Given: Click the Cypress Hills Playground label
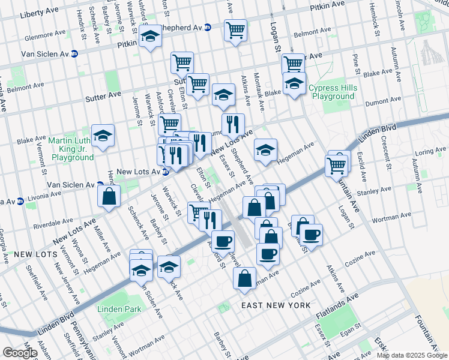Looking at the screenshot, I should pyautogui.click(x=333, y=92).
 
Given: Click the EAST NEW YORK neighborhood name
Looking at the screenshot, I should pyautogui.click(x=276, y=305).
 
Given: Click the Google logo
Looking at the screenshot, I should pyautogui.click(x=19, y=352).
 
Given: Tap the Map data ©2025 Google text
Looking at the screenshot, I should pyautogui.click(x=412, y=355).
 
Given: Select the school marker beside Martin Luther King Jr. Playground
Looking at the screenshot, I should pyautogui.click(x=103, y=136).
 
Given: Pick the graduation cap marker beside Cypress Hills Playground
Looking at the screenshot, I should pyautogui.click(x=294, y=84).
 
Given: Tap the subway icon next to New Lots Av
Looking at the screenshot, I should pyautogui.click(x=165, y=172).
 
